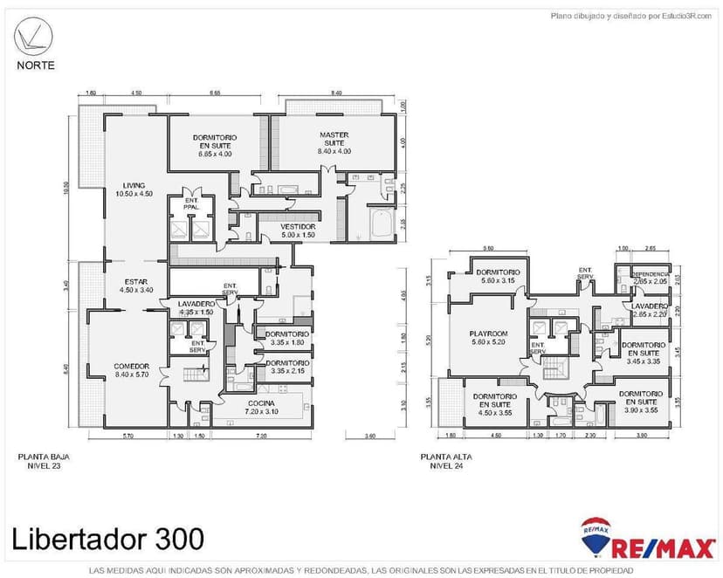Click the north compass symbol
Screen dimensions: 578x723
point(34,38)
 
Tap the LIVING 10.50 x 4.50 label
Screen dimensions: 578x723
point(134,189)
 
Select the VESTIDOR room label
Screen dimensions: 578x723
point(298,231)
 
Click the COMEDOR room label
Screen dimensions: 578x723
point(132,370)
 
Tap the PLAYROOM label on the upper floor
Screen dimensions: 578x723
point(489,338)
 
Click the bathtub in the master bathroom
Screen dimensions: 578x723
point(381,224)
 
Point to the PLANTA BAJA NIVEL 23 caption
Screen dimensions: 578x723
point(40,461)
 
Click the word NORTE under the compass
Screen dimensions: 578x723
point(35,65)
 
